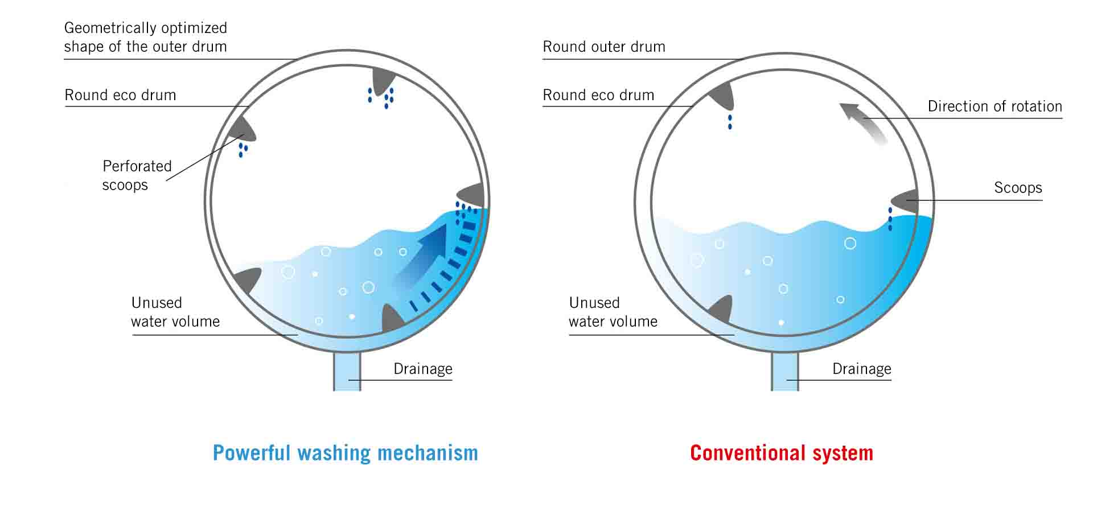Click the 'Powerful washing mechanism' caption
345,453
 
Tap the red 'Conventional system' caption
781,453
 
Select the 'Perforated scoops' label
137,175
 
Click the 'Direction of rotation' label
995,106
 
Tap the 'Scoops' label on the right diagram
1018,188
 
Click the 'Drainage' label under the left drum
422,369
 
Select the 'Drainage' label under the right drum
861,369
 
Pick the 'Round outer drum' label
604,47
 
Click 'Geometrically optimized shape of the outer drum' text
145,37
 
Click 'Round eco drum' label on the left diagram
120,95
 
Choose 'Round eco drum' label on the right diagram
598,95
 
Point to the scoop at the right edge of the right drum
906,201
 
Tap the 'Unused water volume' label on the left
175,312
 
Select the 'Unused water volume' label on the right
613,312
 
